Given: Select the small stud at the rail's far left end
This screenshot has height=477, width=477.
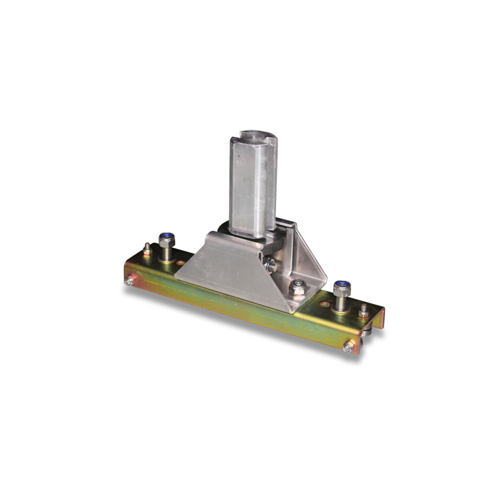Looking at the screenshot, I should (147, 248).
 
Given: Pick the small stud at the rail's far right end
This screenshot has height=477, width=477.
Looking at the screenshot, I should (363, 311).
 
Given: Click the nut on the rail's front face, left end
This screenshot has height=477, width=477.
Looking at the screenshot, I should (129, 279).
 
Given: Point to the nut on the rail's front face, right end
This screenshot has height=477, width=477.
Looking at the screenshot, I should (348, 347).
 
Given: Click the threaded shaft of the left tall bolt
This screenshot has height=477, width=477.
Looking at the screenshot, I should (166, 251).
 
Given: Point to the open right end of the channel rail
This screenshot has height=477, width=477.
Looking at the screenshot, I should (377, 324).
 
